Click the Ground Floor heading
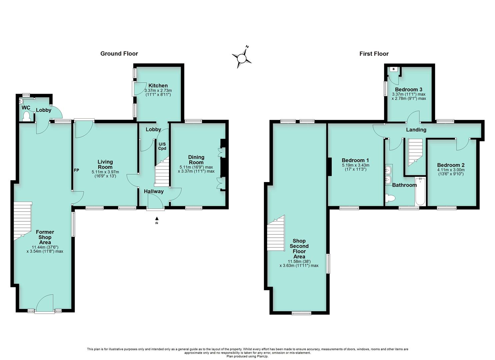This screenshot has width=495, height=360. click(x=119, y=54)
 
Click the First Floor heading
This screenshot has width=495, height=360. click(x=374, y=54)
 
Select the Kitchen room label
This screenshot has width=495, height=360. click(x=158, y=86)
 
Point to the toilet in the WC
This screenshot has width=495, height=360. click(x=26, y=116)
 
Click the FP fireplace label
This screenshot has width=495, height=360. click(x=76, y=170)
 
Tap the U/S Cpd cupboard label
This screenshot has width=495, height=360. click(x=162, y=146)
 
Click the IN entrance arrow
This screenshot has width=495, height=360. click(x=157, y=221)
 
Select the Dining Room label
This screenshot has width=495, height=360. click(x=196, y=160)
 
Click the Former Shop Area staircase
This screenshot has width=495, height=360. click(x=23, y=221)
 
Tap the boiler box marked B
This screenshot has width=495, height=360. click(x=393, y=69)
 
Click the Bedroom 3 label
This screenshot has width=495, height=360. click(x=409, y=90)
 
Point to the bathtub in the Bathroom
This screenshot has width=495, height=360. click(x=420, y=191)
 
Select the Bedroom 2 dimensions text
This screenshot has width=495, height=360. click(x=451, y=172)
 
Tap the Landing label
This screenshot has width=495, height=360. click(x=416, y=130)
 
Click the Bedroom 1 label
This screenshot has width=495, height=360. click(x=355, y=160)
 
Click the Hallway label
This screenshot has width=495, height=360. click(x=154, y=191)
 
